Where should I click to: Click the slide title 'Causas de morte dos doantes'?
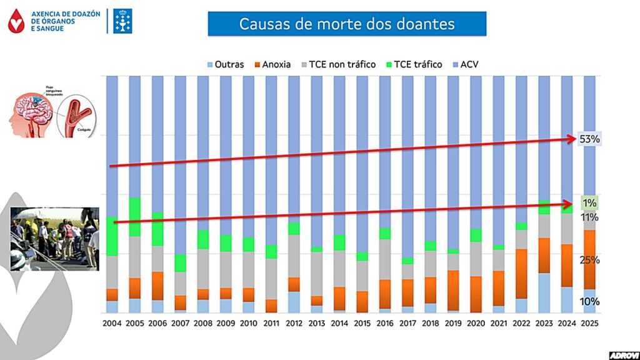347,24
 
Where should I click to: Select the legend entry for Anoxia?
271,64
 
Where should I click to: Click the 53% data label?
589,139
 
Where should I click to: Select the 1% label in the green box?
589,203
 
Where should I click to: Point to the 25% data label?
589,259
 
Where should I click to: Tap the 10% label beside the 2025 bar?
589,301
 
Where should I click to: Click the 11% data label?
589,217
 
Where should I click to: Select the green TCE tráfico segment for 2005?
135,217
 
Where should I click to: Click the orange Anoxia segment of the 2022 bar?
521,274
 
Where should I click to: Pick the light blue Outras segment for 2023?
544,292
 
